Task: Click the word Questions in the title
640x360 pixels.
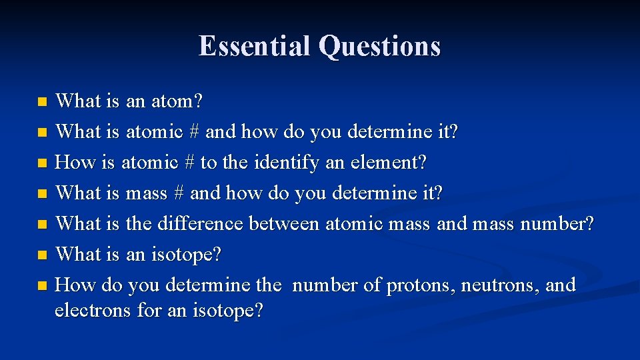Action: (x=379, y=47)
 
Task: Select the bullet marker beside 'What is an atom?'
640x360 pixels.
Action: (x=42, y=103)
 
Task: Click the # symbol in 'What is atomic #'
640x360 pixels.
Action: (x=194, y=132)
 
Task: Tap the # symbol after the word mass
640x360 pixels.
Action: (x=178, y=193)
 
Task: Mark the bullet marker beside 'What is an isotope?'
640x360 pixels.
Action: (x=42, y=255)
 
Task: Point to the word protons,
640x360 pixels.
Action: (x=422, y=285)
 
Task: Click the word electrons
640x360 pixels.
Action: (x=93, y=311)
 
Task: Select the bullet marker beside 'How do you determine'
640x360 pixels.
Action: (x=42, y=286)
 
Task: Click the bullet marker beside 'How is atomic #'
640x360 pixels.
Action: (x=42, y=163)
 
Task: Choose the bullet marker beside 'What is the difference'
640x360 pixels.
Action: (x=42, y=225)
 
